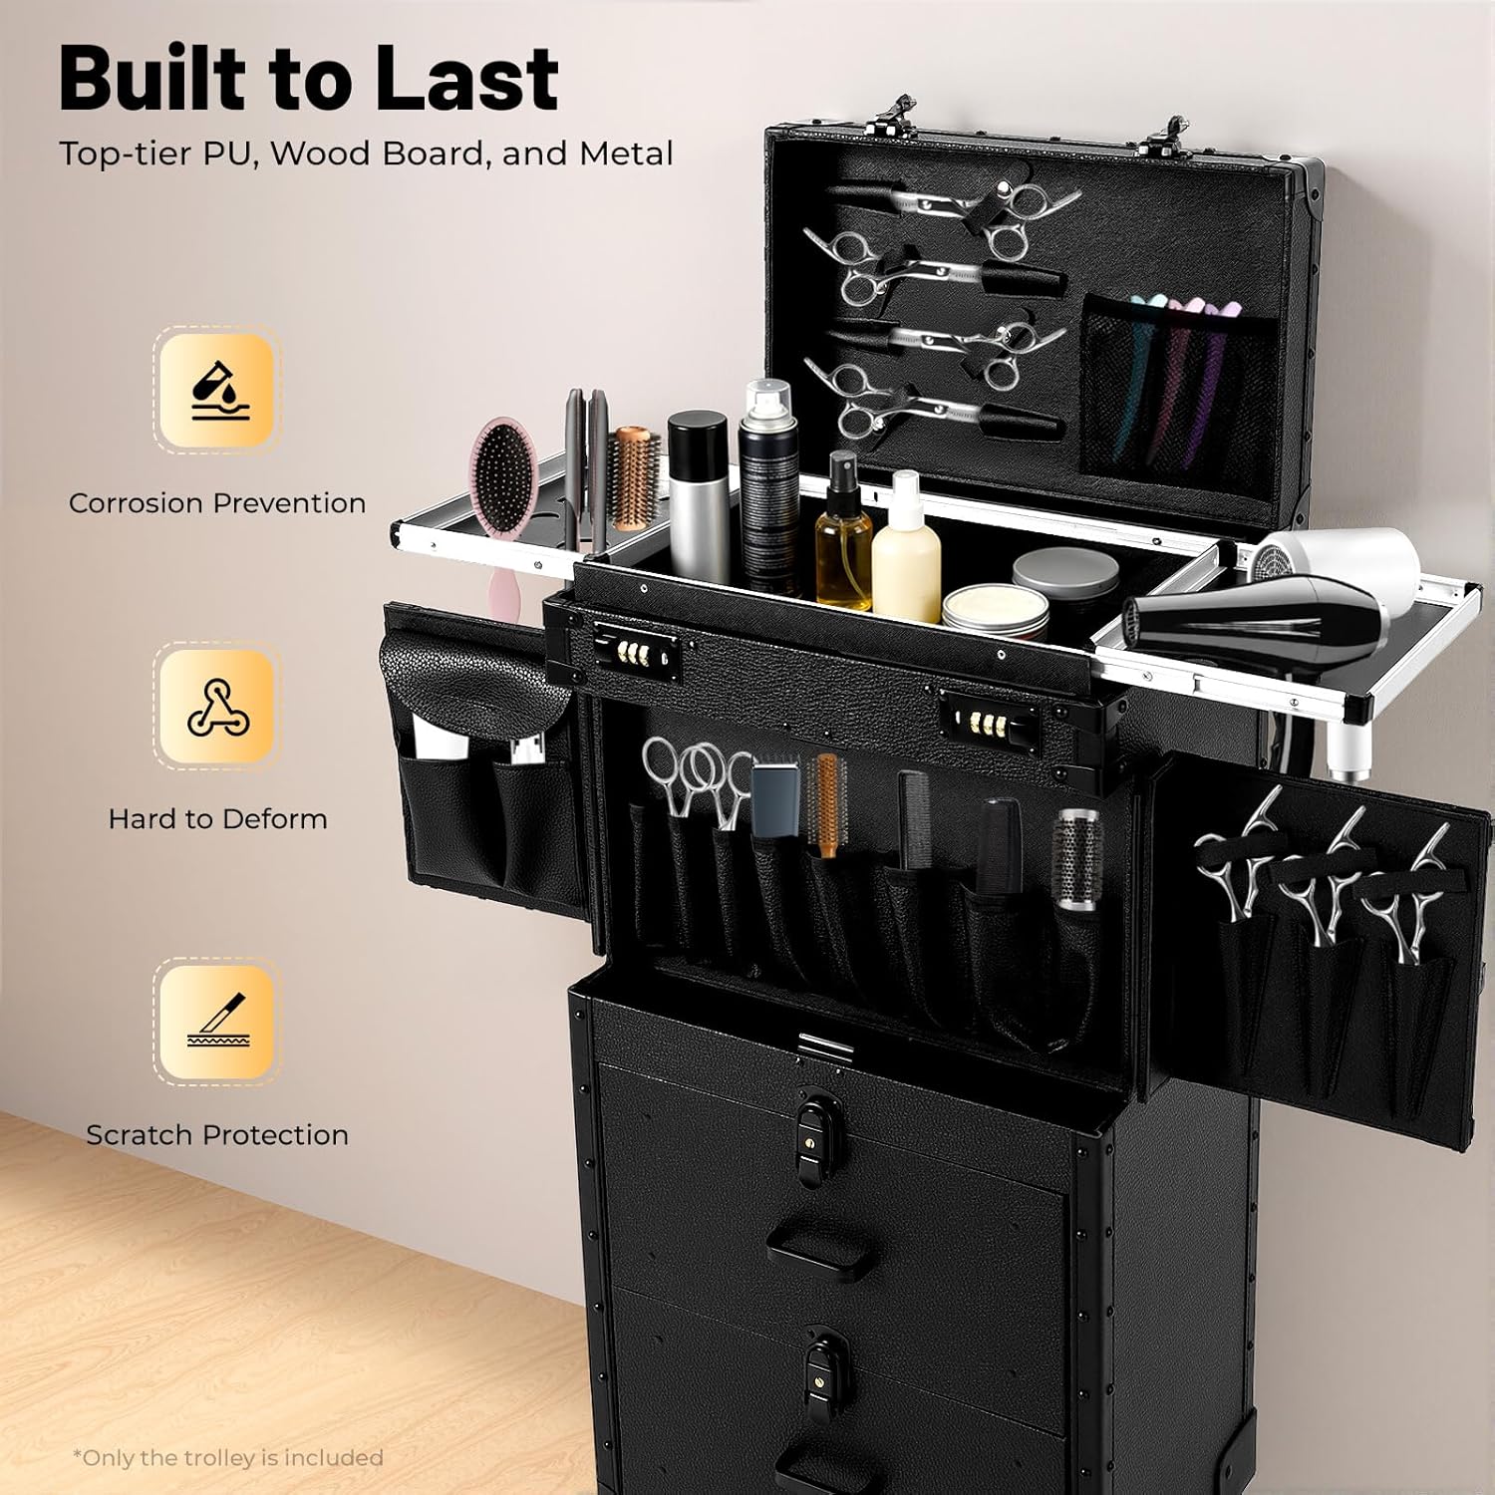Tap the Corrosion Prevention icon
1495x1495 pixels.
(217, 390)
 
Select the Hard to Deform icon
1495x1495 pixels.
(217, 706)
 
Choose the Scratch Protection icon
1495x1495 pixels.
(217, 1022)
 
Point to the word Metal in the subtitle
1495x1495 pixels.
(626, 153)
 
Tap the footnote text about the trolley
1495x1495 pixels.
(228, 1457)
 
